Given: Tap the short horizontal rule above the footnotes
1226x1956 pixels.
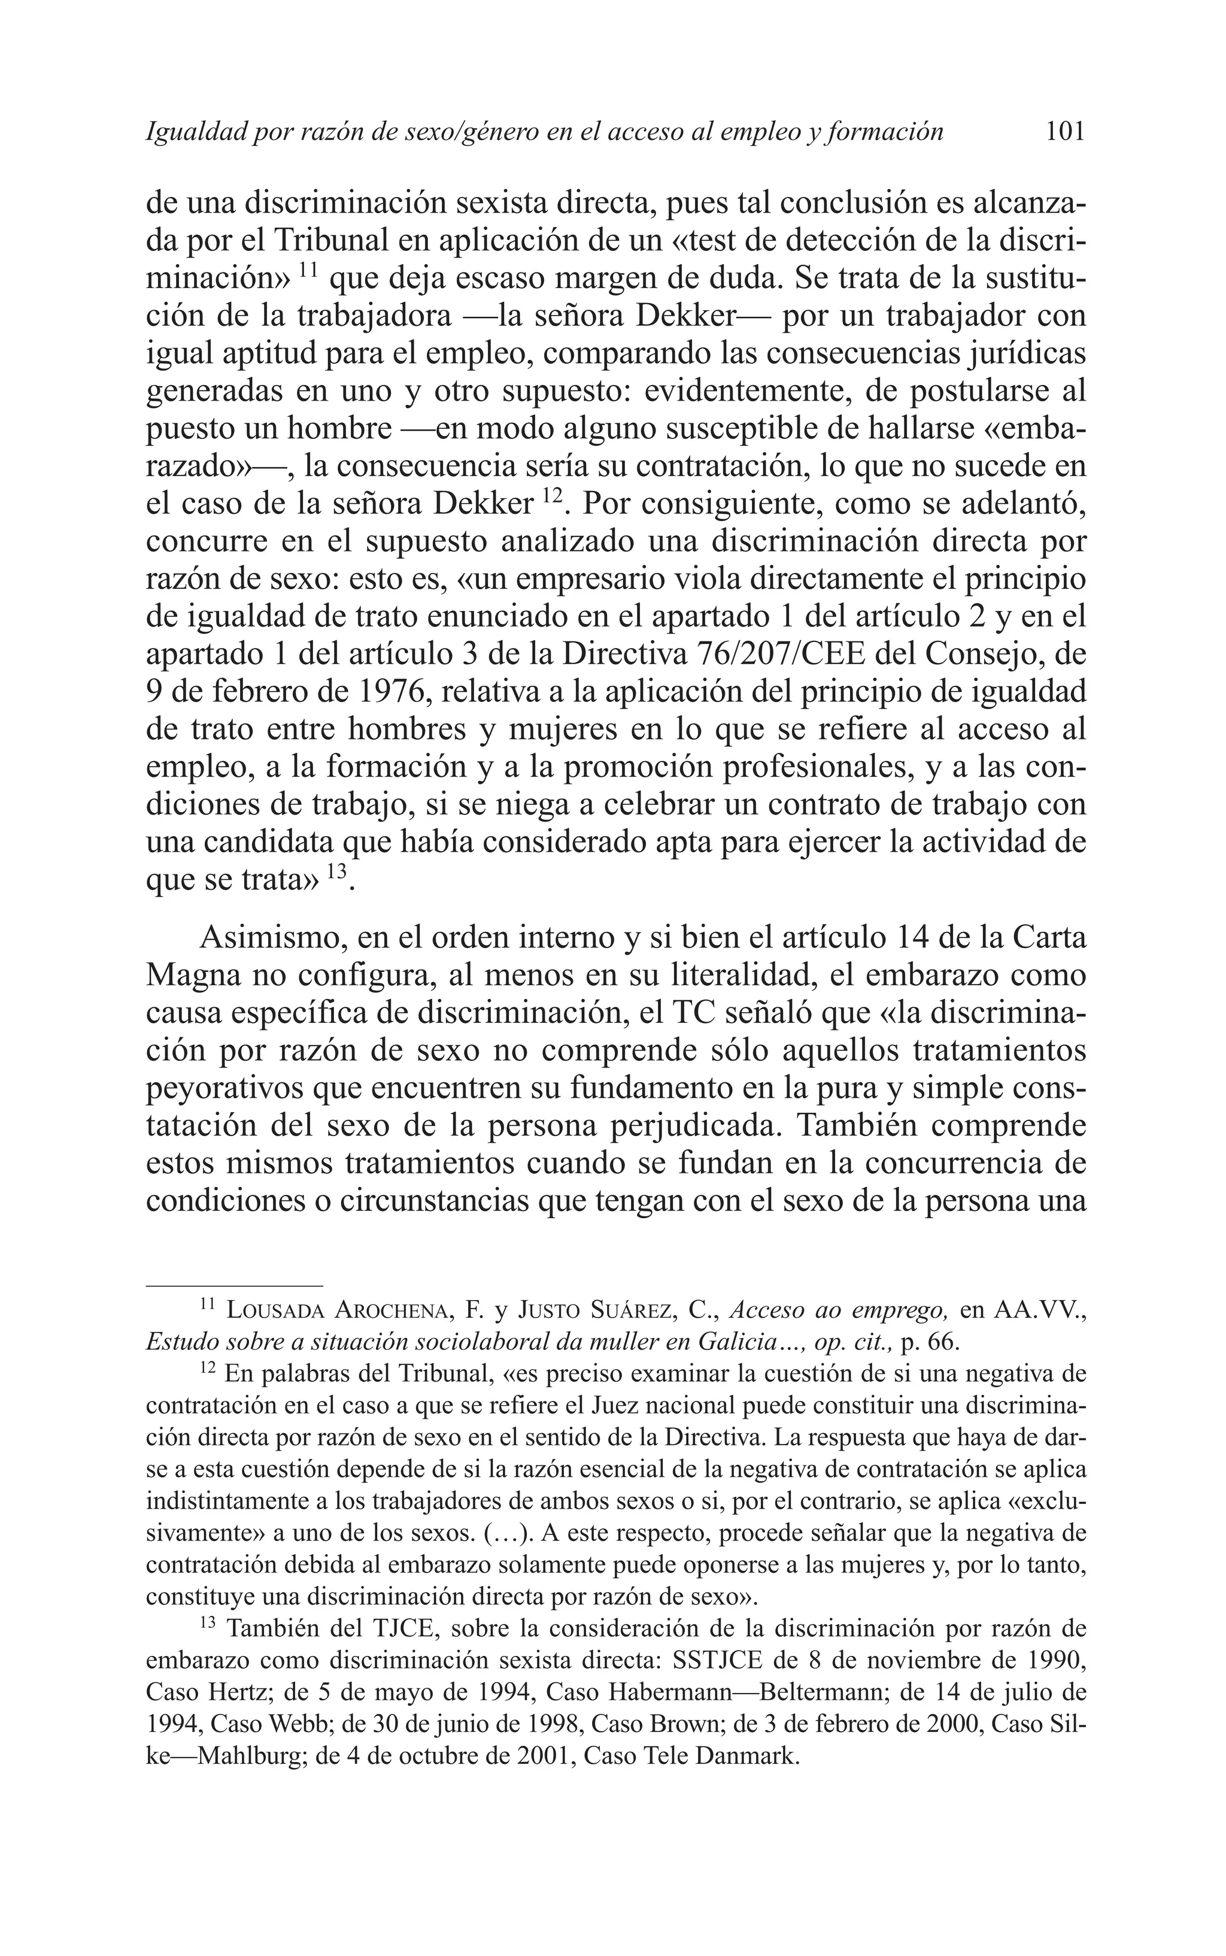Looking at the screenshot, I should tap(234, 1285).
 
